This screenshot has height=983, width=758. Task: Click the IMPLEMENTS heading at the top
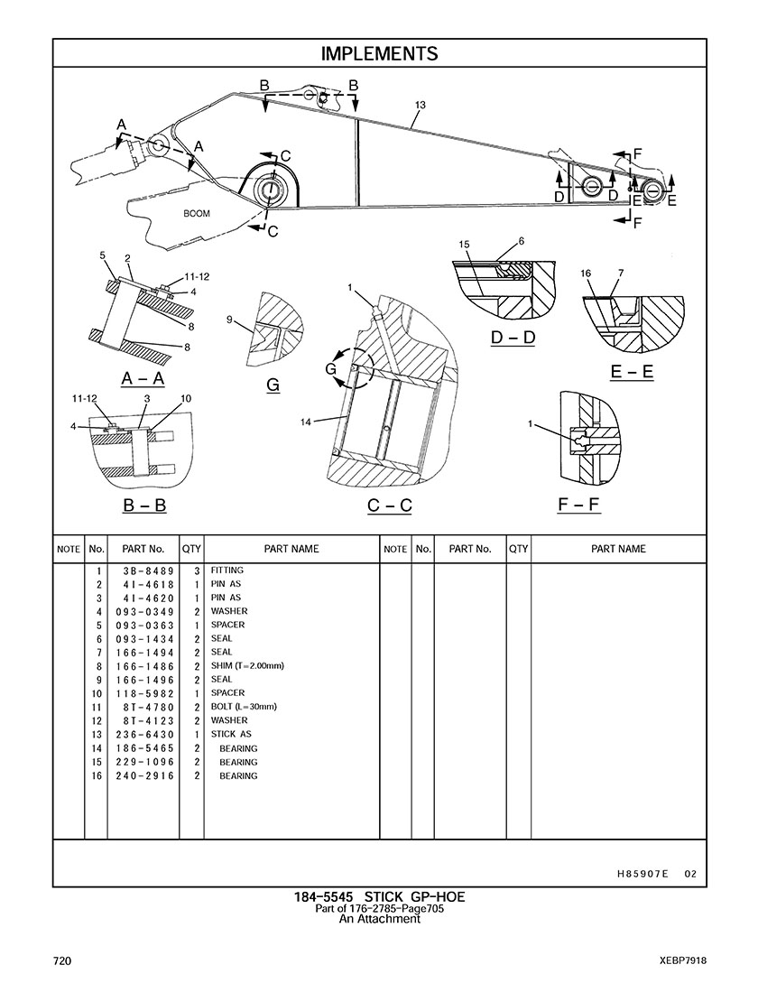coord(379,53)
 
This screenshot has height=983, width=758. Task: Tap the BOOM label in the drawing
coord(197,214)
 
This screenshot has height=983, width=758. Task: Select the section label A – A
coord(143,378)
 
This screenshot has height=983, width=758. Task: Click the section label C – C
coord(389,505)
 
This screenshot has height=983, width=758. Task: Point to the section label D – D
coord(513,338)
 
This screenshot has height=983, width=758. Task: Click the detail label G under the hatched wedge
coord(273,385)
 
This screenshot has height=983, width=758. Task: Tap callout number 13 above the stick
coord(420,106)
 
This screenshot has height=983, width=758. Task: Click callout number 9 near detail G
coord(230,320)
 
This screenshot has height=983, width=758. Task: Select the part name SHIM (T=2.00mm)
coord(247,666)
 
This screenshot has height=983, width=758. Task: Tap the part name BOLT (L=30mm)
coord(244,707)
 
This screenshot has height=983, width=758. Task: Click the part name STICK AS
coord(231,735)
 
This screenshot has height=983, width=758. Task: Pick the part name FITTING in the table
coord(227,570)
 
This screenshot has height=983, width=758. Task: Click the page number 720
coord(62,960)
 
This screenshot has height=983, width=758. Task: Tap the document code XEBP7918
coord(682,960)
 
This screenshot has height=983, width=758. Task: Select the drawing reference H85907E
coord(642,874)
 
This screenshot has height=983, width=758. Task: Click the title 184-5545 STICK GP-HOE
coord(379,897)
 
